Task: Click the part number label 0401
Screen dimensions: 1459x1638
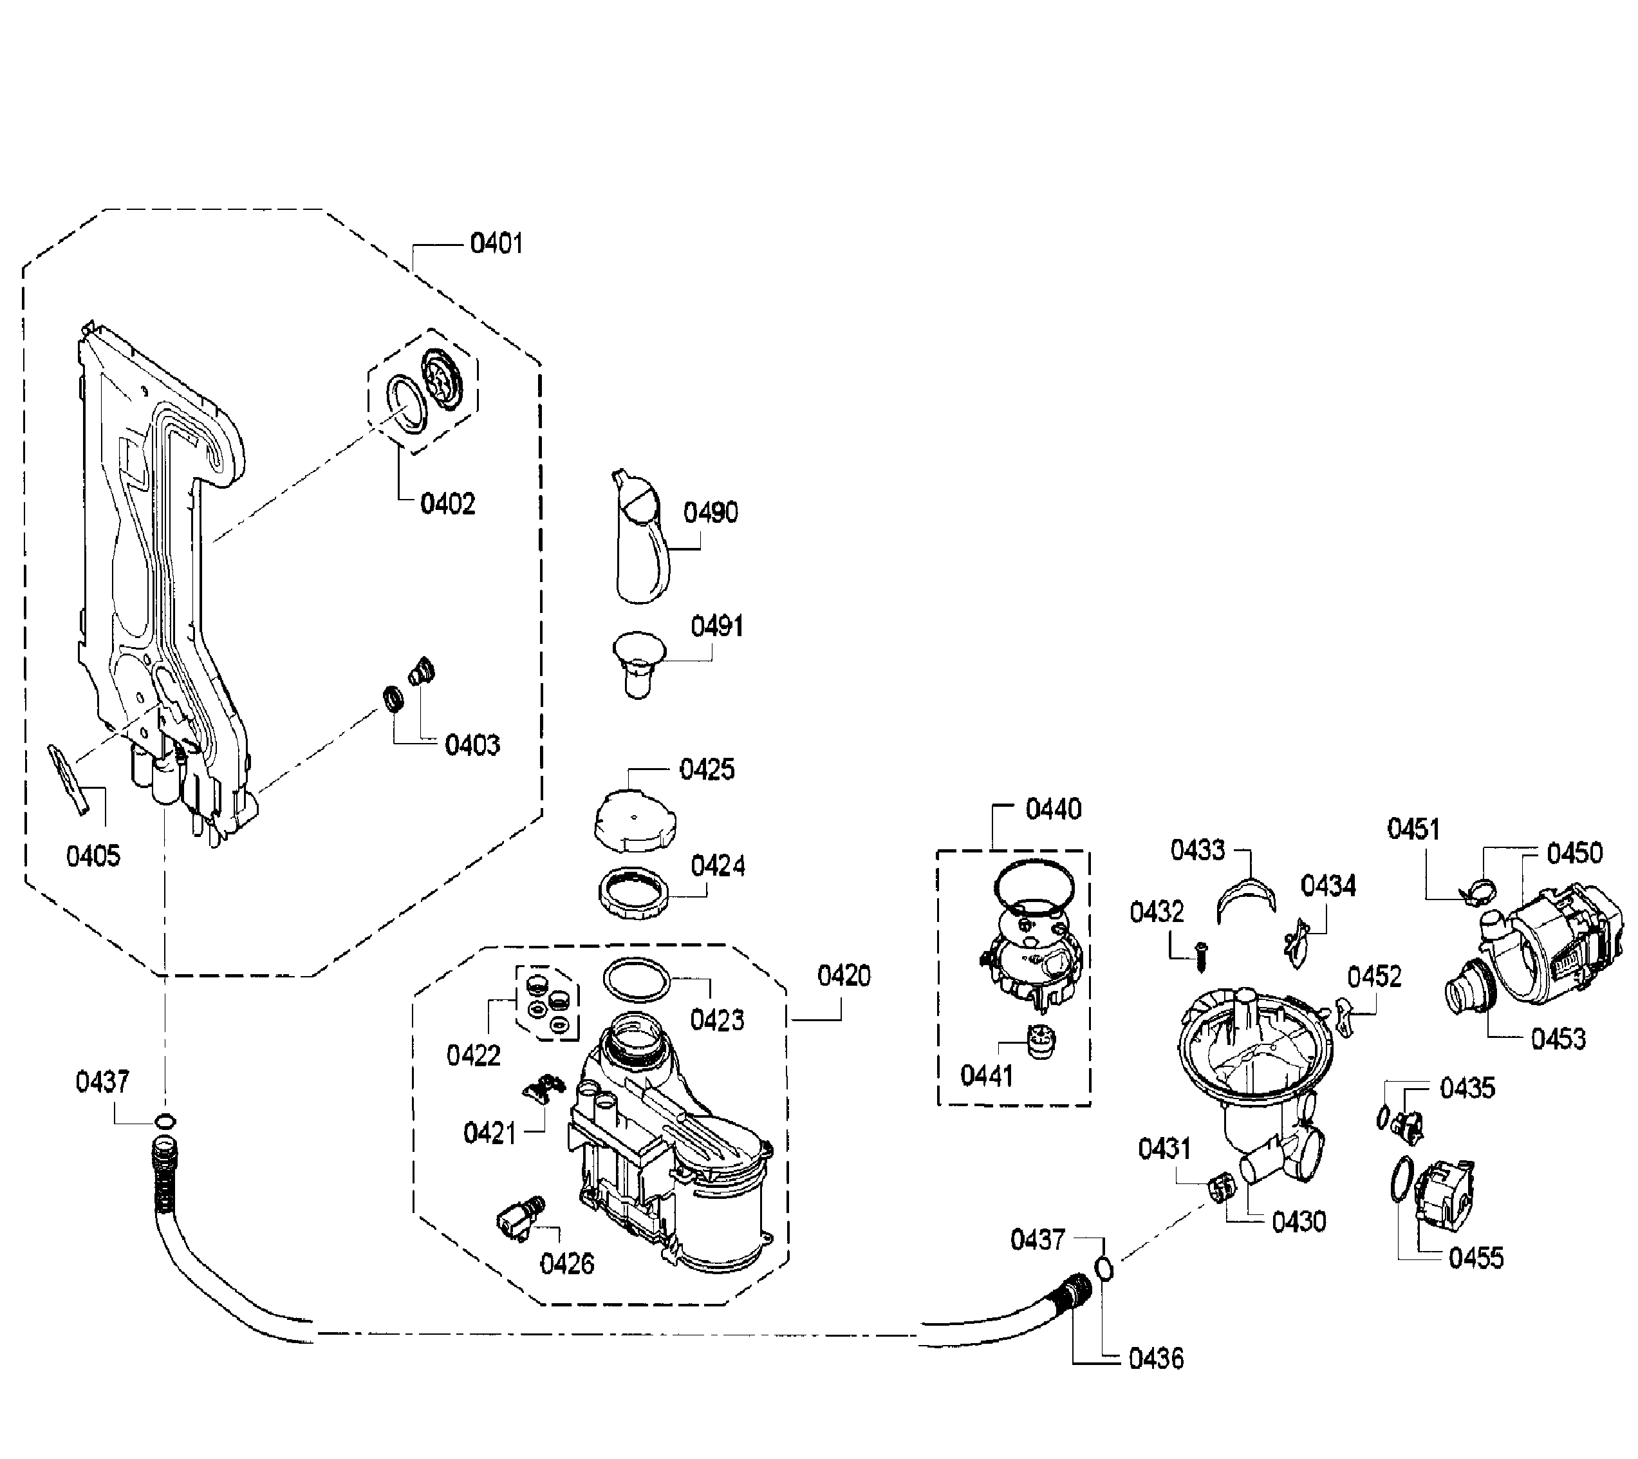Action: click(496, 243)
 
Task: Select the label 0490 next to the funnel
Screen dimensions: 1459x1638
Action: click(710, 513)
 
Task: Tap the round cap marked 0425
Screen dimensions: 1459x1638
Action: click(634, 820)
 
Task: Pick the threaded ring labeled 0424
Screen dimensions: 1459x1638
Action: click(633, 892)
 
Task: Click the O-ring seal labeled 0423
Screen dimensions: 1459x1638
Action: click(635, 979)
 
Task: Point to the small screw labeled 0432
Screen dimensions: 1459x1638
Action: click(1200, 956)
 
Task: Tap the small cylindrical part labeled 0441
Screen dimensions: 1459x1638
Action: click(1040, 1043)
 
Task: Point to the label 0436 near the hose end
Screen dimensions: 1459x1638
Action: click(1155, 1358)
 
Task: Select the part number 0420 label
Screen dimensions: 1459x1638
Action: click(843, 975)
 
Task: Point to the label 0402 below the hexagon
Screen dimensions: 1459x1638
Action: click(448, 504)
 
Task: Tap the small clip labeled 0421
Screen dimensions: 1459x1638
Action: click(544, 1088)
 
